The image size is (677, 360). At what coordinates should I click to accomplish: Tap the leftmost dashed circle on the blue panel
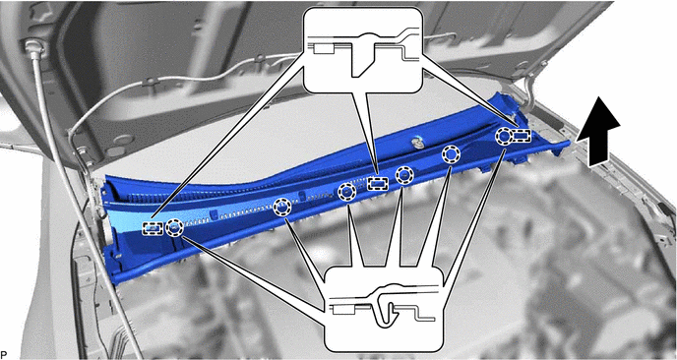[174, 227]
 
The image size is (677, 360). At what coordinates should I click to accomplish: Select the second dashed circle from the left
[282, 207]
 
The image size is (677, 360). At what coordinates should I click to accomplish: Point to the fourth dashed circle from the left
[404, 175]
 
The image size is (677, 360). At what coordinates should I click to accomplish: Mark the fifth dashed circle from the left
[451, 154]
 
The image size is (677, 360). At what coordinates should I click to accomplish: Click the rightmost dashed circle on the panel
[504, 136]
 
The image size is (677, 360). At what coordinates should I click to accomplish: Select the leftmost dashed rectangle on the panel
[153, 228]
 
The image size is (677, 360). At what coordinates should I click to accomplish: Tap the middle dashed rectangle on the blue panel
[377, 184]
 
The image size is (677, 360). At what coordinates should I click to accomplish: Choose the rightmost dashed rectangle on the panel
[522, 135]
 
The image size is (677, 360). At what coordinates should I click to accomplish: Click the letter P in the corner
[4, 353]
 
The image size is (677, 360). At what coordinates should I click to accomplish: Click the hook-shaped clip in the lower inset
[386, 309]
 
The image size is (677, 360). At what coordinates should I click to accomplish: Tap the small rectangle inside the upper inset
[324, 48]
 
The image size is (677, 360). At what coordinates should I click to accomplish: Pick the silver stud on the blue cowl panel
[417, 142]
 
